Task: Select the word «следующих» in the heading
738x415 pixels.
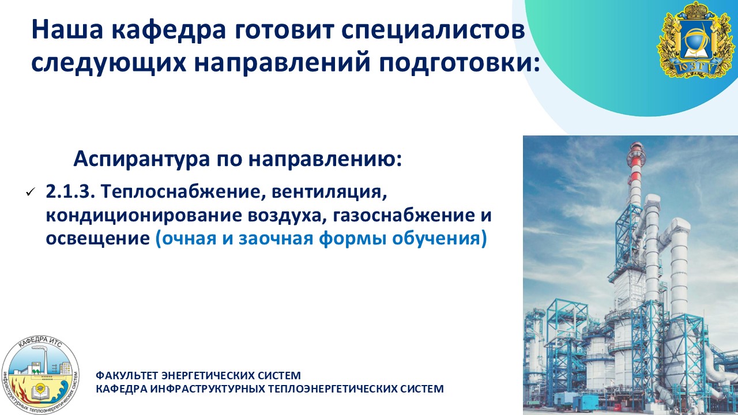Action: click(x=109, y=63)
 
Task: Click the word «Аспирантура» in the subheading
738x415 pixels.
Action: click(x=142, y=159)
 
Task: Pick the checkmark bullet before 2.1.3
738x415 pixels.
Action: click(x=30, y=192)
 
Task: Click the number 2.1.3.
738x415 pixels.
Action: click(x=70, y=191)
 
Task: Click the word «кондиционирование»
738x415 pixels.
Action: click(x=144, y=216)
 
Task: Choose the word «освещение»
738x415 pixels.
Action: click(x=98, y=239)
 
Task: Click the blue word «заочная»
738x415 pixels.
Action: click(x=276, y=239)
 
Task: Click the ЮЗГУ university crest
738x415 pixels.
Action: click(x=695, y=40)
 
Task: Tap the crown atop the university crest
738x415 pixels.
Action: click(x=695, y=10)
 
